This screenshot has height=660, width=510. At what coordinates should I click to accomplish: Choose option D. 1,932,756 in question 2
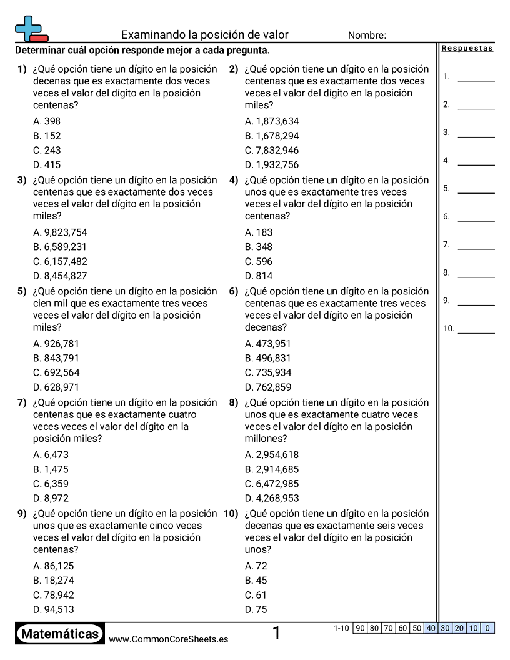point(272,165)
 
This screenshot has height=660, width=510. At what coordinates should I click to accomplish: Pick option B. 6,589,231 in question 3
point(60,247)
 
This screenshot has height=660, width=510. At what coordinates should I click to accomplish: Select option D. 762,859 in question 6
point(268,387)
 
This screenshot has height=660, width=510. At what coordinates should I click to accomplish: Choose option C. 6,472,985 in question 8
point(272,484)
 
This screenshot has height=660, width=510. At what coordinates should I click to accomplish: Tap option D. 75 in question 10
point(256,610)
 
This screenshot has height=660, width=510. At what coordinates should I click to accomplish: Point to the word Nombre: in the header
point(367,36)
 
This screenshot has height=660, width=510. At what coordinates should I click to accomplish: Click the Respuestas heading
point(467,49)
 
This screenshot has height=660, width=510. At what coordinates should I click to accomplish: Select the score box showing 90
point(359,628)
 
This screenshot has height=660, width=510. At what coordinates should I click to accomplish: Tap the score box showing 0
point(487,628)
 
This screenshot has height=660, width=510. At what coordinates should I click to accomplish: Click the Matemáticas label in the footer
point(60,634)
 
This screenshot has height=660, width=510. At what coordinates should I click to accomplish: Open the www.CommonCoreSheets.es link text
point(168,639)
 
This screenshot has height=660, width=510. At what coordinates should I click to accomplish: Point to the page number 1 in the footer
point(276,634)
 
